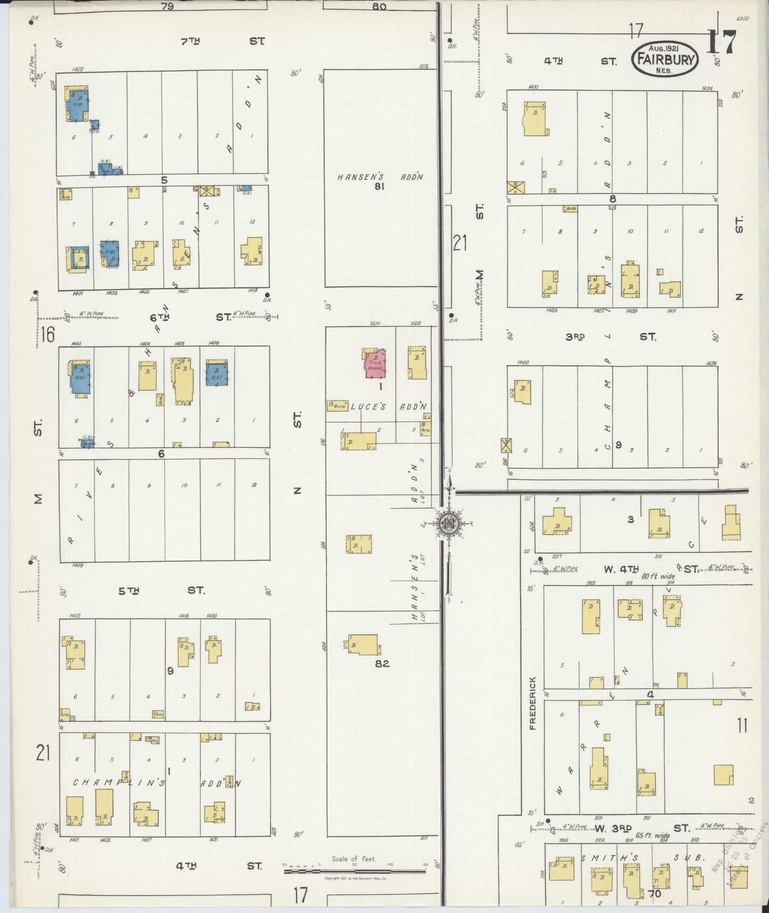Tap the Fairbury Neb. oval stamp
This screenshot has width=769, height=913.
pyautogui.click(x=664, y=60)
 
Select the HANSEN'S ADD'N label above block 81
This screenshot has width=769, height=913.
pyautogui.click(x=380, y=176)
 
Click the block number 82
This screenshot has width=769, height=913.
pyautogui.click(x=382, y=664)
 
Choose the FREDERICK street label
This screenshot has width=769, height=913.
pyautogui.click(x=533, y=704)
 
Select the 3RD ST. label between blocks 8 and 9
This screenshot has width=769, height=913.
pyautogui.click(x=610, y=337)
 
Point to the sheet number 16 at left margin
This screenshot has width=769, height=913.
pyautogui.click(x=48, y=335)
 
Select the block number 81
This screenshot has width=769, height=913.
pyautogui.click(x=379, y=186)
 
